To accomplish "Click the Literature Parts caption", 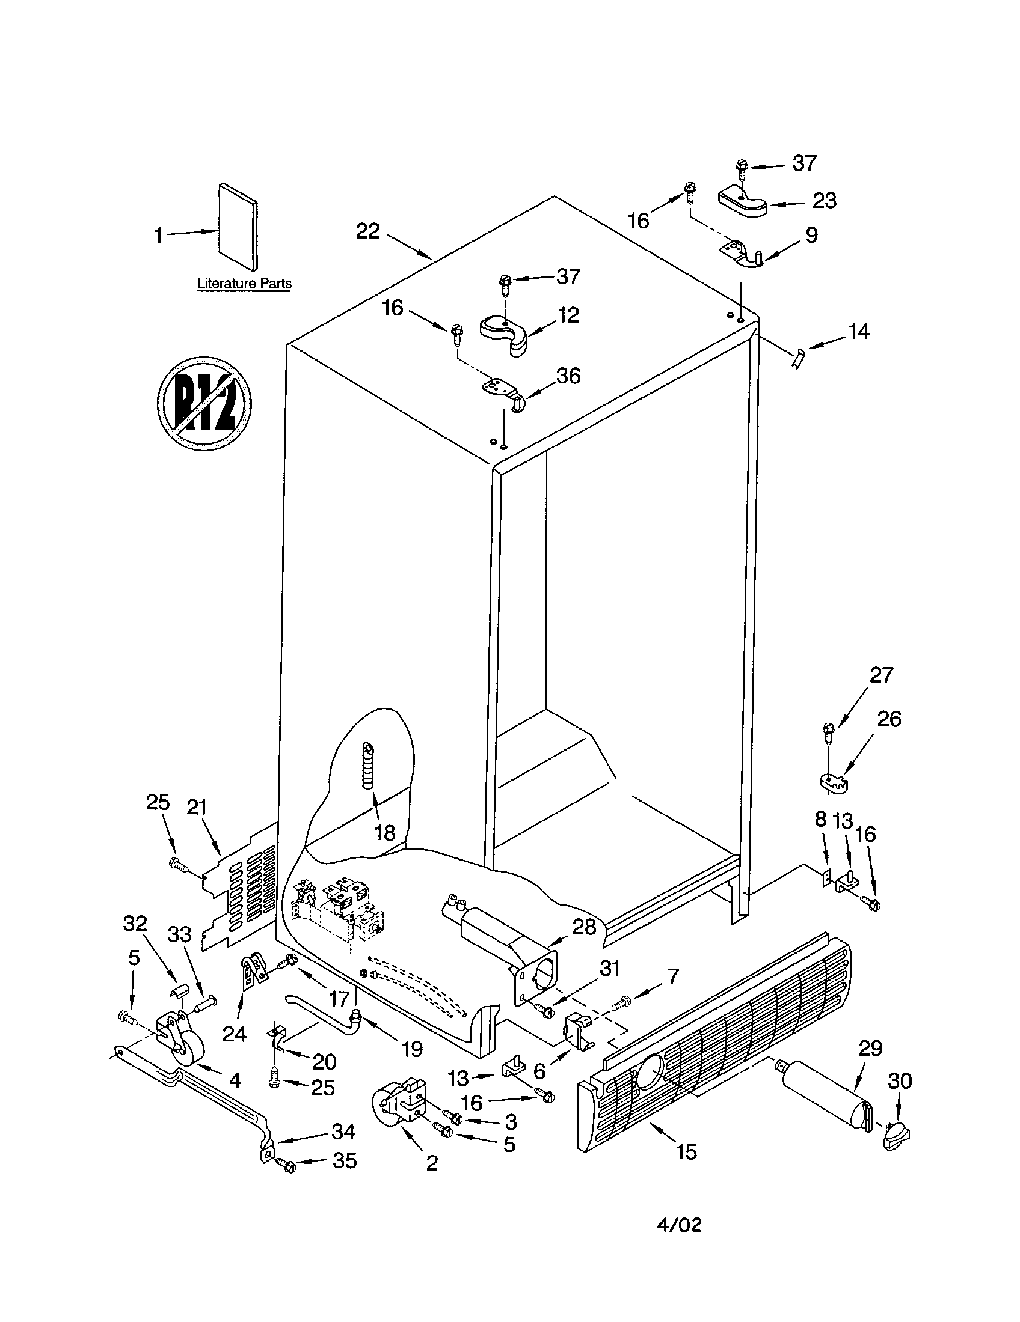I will click(245, 283).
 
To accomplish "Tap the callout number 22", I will click(367, 231).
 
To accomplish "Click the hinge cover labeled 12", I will click(504, 334).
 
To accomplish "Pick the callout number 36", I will click(568, 376).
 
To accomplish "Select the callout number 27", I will click(880, 675).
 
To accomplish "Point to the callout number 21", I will click(197, 807).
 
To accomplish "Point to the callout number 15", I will click(686, 1151).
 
